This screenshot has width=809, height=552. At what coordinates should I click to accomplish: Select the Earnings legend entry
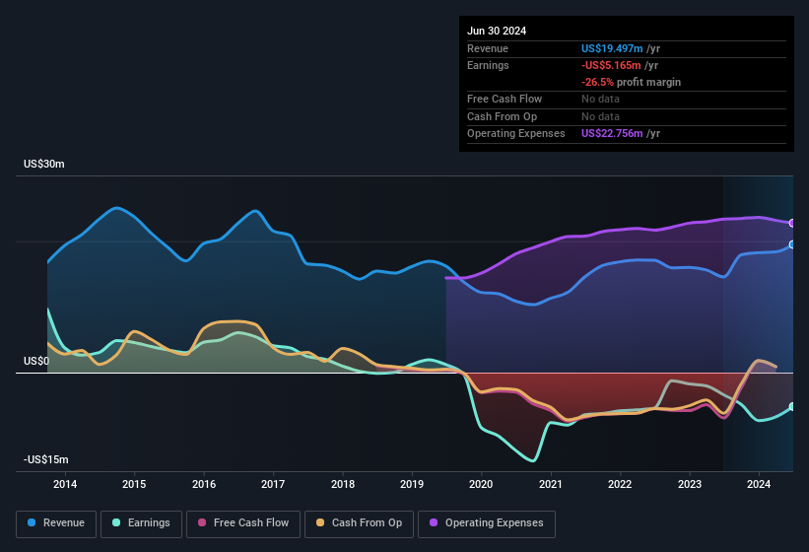[x=141, y=523]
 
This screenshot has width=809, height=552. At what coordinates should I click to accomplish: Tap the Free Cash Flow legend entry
[x=243, y=523]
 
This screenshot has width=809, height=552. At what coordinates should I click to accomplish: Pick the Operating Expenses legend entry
[x=486, y=523]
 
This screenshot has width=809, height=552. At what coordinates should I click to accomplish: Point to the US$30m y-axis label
[x=44, y=165]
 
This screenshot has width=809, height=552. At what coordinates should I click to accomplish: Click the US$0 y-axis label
[x=36, y=362]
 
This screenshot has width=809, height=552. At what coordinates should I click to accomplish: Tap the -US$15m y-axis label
[x=46, y=460]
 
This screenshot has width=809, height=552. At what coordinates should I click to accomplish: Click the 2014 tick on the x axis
[x=65, y=484]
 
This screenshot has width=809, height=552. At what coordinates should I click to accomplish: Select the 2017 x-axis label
[x=273, y=484]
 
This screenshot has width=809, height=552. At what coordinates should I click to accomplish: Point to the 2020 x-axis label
[x=481, y=484]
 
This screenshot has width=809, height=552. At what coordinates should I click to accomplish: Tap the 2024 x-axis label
[x=759, y=484]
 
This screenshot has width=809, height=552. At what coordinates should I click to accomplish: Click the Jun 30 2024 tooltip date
[x=497, y=31]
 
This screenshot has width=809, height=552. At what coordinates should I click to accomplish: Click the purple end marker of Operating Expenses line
[x=792, y=223]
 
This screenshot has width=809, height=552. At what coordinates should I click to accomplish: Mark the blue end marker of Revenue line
[x=792, y=244]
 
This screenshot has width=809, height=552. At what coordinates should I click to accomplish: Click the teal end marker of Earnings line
[x=792, y=406]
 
